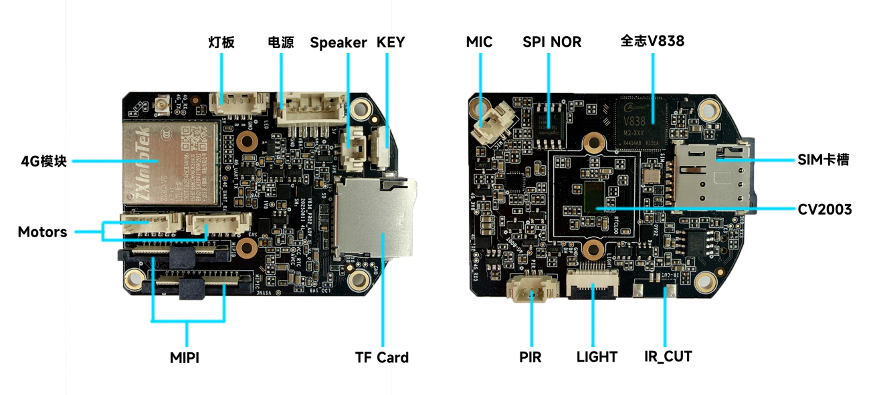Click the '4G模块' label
(x=44, y=161)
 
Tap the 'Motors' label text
(x=42, y=232)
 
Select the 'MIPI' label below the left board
(x=185, y=358)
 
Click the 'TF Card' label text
(x=381, y=358)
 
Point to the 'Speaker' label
(x=338, y=43)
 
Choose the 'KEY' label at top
(x=391, y=42)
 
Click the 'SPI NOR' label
(x=552, y=42)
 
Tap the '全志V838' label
(x=652, y=41)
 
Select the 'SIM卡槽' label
(x=823, y=160)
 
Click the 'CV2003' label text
(x=825, y=210)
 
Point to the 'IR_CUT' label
(x=668, y=356)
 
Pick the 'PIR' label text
(x=530, y=357)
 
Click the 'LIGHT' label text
(x=597, y=357)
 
